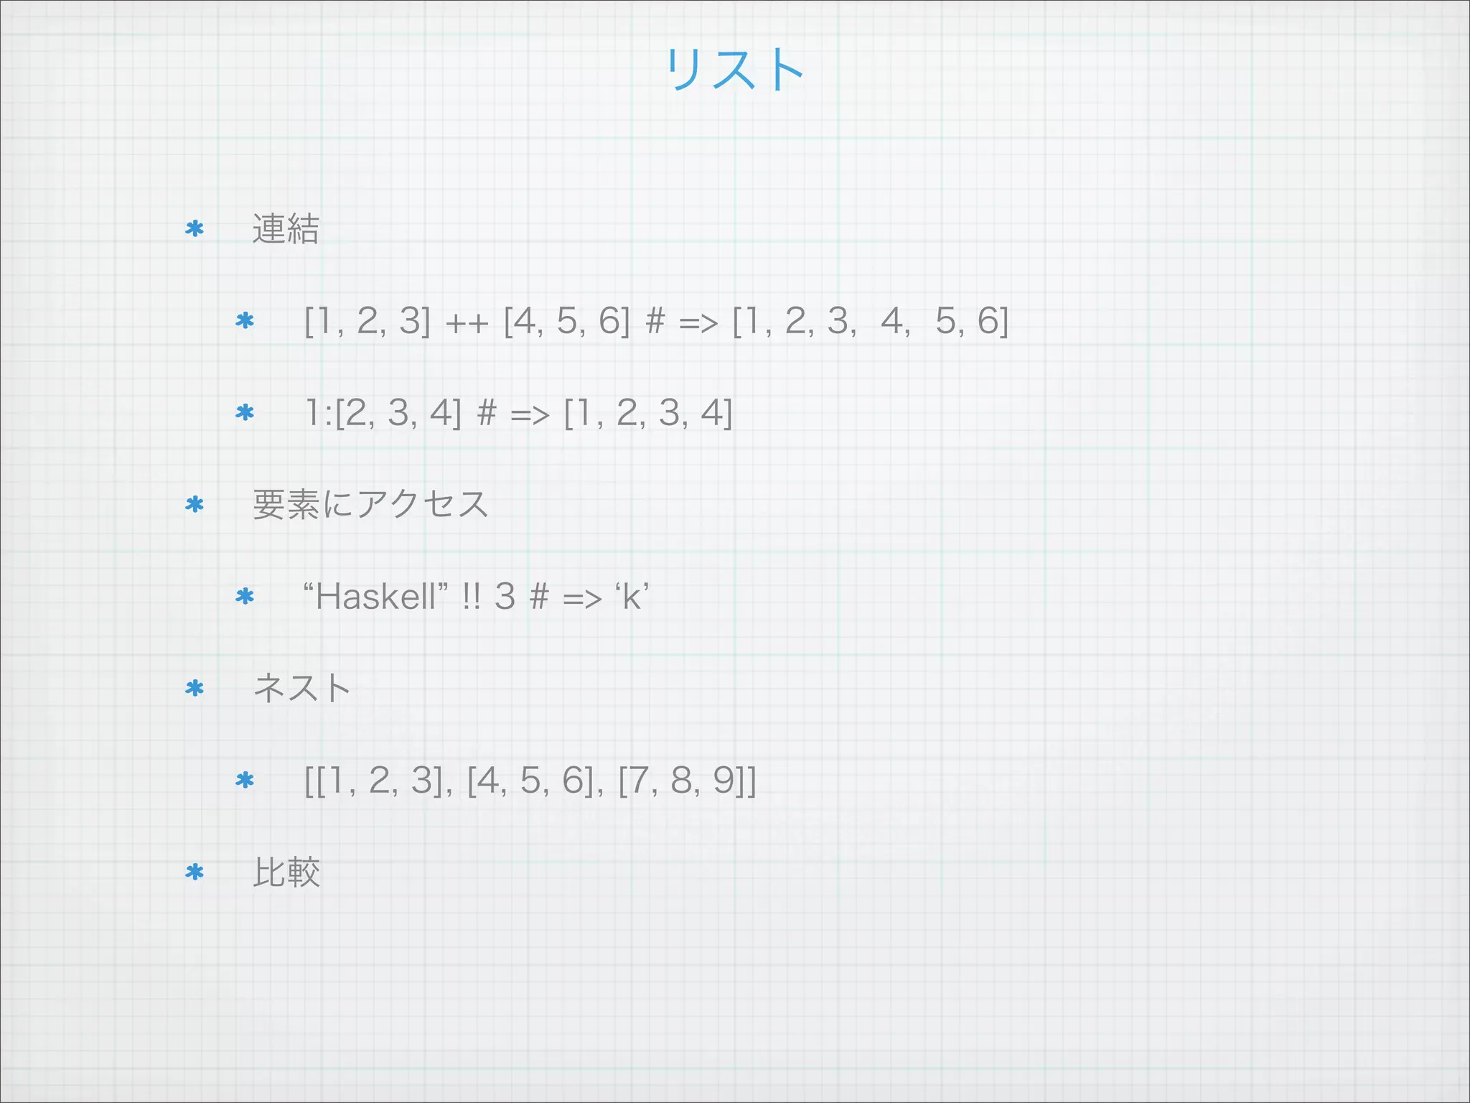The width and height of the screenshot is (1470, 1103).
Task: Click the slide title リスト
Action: coord(734,70)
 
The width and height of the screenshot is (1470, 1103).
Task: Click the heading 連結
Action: coord(285,229)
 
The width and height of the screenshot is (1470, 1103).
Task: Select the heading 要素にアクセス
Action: coord(370,504)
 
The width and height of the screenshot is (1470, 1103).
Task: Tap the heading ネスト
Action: coord(301,688)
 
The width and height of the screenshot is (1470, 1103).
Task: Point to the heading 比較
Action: coord(286,872)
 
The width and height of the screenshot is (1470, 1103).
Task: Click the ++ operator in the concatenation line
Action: coord(467,323)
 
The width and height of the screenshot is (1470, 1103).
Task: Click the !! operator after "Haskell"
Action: coord(472,597)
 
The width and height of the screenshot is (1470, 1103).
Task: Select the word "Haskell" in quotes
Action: coord(375,596)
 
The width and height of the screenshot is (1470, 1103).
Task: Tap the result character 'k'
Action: coord(632,597)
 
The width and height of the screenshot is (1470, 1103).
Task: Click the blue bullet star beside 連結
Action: coord(195,229)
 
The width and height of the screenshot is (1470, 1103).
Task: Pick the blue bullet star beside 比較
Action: coord(195,872)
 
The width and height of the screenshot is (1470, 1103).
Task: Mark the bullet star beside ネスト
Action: coord(195,689)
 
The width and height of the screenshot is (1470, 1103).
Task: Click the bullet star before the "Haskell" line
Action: coord(245,597)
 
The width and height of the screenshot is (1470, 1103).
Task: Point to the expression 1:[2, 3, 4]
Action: coord(383,413)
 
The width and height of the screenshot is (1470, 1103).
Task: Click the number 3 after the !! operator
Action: coord(505,597)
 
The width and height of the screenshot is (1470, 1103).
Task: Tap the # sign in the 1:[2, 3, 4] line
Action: coord(486,414)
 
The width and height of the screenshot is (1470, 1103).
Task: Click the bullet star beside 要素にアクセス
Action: coord(195,505)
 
